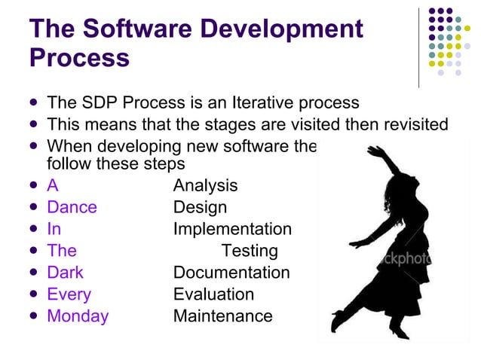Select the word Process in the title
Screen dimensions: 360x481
pyautogui.click(x=79, y=58)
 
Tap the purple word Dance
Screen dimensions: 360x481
pyautogui.click(x=72, y=207)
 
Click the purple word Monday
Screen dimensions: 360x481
pyautogui.click(x=78, y=316)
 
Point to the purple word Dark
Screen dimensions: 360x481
pyautogui.click(x=65, y=273)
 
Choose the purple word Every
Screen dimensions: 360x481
pyautogui.click(x=69, y=294)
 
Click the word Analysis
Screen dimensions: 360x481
pyautogui.click(x=205, y=185)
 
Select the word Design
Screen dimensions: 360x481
pyautogui.click(x=200, y=207)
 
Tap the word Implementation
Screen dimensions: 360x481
pyautogui.click(x=232, y=229)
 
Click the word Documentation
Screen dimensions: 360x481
pyautogui.click(x=231, y=273)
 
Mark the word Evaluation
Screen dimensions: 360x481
pyautogui.click(x=213, y=294)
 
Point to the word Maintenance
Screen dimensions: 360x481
pyautogui.click(x=222, y=316)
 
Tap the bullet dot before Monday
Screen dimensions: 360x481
pyautogui.click(x=33, y=316)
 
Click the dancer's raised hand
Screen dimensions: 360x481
pyautogui.click(x=375, y=151)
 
